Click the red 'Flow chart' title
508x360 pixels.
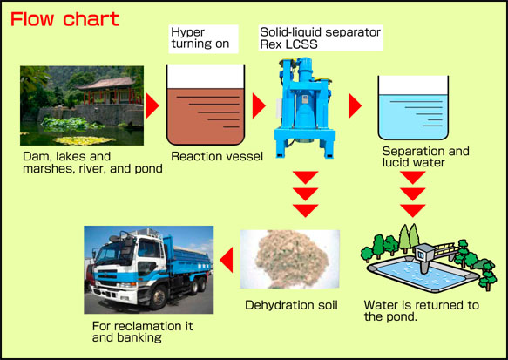pos(64,17)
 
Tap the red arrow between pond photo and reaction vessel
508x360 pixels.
pos(152,107)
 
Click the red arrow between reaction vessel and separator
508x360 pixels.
pos(258,106)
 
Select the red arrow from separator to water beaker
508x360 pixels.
pos(355,106)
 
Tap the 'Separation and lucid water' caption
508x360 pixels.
pos(425,157)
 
